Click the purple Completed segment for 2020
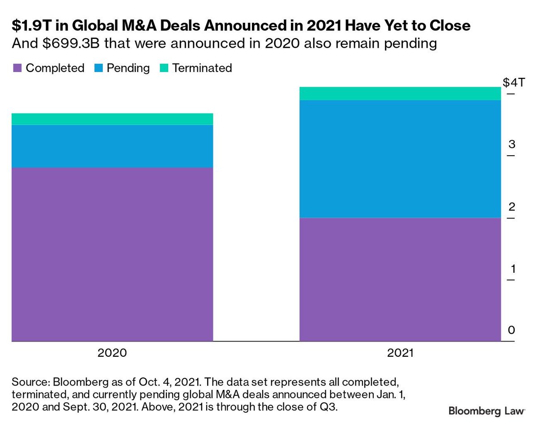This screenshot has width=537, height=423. click(112, 254)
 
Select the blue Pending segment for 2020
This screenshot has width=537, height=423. click(112, 146)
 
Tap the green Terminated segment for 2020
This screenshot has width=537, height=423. click(112, 119)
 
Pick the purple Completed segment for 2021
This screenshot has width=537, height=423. click(400, 279)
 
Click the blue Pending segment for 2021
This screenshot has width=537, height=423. click(400, 159)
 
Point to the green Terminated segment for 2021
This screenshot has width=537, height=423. click(400, 93)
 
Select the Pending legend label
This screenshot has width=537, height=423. click(128, 68)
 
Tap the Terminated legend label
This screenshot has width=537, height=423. click(202, 68)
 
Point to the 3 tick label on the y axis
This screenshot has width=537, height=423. click(512, 144)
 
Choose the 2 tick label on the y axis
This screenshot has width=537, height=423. click(512, 207)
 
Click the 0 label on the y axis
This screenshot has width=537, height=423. click(512, 330)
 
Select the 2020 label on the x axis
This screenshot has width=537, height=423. click(112, 353)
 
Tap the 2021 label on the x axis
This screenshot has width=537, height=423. click(400, 353)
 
